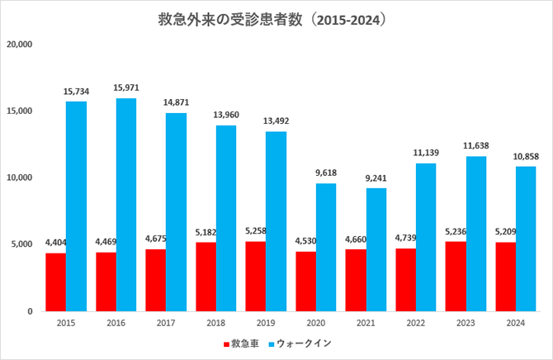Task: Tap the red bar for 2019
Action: point(256,277)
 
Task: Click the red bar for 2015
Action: point(55,282)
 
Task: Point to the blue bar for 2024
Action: point(526,239)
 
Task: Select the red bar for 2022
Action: point(406,280)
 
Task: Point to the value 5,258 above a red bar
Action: point(256,231)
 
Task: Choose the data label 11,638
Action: point(476,146)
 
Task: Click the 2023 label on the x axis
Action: point(466,324)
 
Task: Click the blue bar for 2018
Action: point(226,218)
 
